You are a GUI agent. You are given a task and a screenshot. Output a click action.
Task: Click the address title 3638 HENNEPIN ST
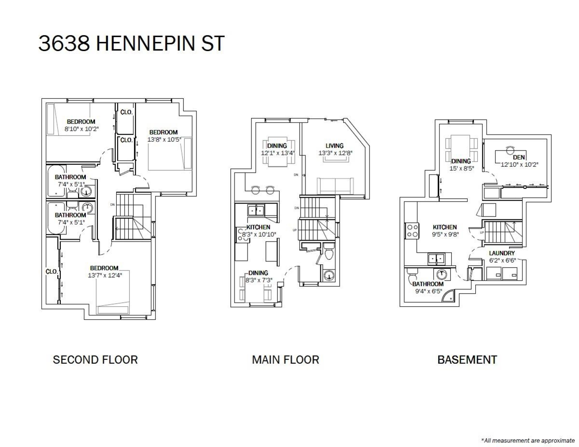[131, 43]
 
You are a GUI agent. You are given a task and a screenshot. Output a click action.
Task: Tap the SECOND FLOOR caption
[95, 360]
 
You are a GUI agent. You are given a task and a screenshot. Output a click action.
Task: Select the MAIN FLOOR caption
[285, 360]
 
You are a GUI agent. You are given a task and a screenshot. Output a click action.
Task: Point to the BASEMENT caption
[467, 360]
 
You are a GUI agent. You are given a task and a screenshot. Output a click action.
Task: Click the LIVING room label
[334, 146]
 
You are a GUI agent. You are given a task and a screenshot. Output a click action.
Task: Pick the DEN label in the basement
[519, 157]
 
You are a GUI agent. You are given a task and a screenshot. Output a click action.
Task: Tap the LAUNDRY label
[502, 253]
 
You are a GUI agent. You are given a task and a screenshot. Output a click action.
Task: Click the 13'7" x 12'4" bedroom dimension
[105, 275]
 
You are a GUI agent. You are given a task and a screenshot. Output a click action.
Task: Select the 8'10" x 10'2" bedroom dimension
[82, 129]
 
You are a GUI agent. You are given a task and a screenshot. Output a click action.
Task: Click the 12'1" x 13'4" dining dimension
[277, 153]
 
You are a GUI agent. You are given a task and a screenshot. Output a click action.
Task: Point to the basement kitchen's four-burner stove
[412, 231]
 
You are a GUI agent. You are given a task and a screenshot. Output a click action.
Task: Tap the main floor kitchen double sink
[256, 210]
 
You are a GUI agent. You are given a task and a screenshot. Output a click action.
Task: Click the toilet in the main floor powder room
[330, 251]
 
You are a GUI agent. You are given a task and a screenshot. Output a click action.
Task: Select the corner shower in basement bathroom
[448, 296]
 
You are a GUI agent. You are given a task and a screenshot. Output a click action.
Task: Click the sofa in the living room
[335, 186]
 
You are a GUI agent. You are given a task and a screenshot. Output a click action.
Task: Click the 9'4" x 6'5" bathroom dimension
[428, 291]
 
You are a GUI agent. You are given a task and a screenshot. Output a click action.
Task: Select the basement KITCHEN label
[445, 227]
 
